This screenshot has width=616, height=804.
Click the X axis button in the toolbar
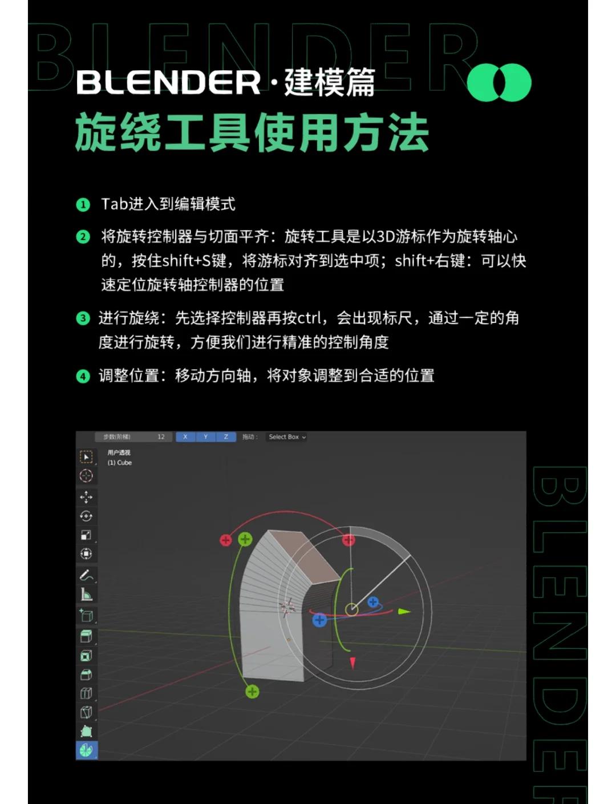tap(185, 437)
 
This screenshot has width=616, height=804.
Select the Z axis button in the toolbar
tap(226, 437)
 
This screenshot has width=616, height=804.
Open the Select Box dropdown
tap(287, 437)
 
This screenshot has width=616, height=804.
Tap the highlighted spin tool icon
tap(86, 750)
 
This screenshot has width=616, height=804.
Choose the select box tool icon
tap(86, 457)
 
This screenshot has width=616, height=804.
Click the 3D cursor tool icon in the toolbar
tap(86, 476)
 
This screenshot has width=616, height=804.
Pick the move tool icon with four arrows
tap(86, 497)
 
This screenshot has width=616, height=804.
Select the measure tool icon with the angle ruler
tap(86, 595)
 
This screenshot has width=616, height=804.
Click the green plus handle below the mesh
tap(252, 692)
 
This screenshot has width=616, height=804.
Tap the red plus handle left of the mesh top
tap(226, 540)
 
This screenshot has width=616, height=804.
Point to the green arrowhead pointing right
tap(404, 612)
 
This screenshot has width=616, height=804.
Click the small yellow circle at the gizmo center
tap(352, 610)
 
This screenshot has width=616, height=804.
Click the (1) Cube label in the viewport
tap(120, 463)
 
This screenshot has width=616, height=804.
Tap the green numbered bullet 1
tap(83, 205)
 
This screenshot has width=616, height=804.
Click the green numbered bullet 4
tap(83, 377)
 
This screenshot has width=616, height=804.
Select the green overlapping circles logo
tap(499, 82)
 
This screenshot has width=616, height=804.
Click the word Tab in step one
tap(114, 204)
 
